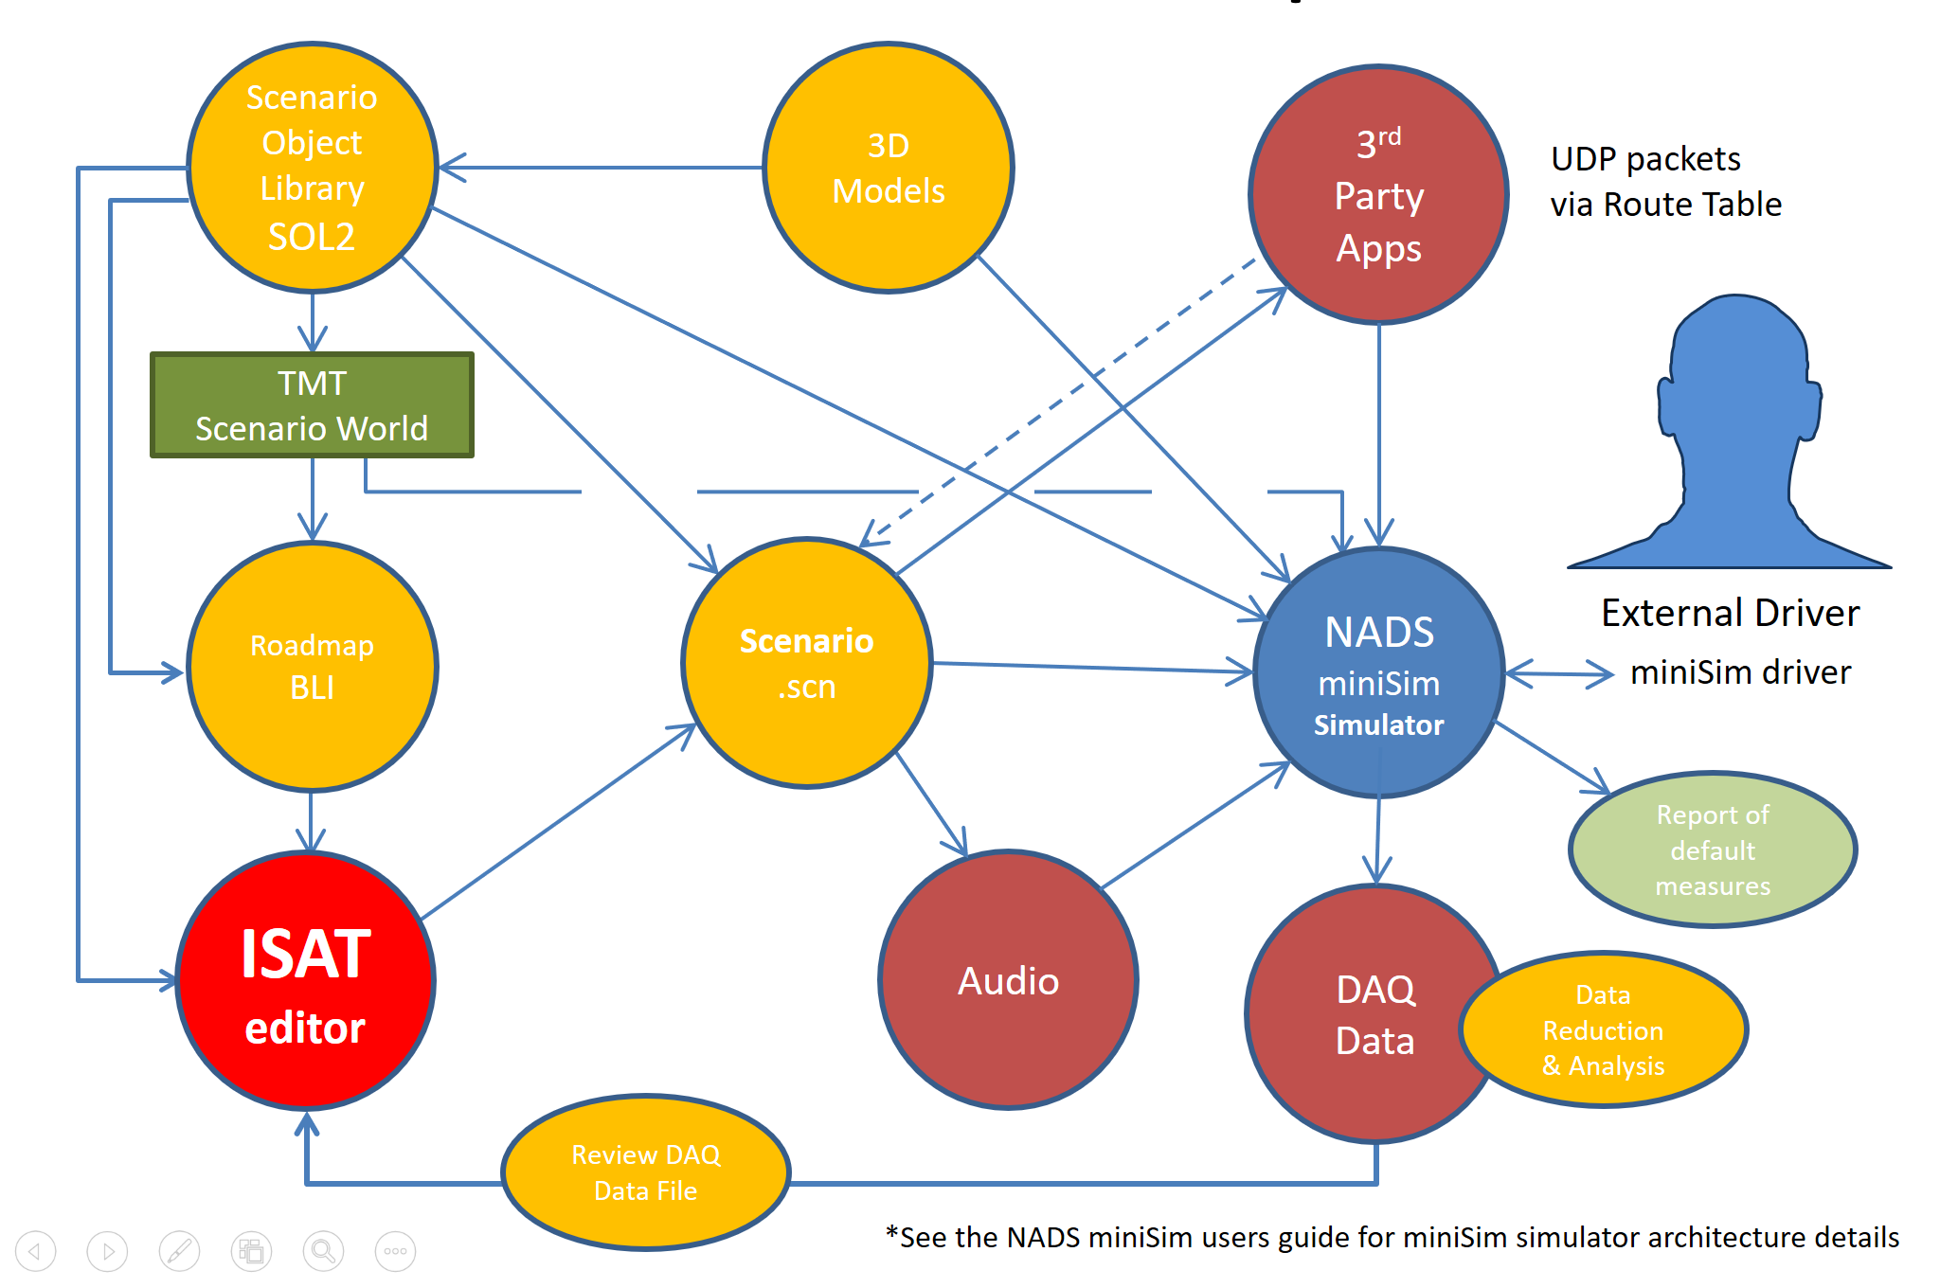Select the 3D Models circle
click(x=888, y=168)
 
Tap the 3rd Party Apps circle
click(x=1378, y=195)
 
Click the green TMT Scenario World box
click(x=312, y=405)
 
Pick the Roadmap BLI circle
click(x=312, y=666)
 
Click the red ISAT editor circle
click(x=305, y=981)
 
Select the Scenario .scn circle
click(x=806, y=663)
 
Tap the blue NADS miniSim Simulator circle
click(x=1378, y=673)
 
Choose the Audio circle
click(x=1008, y=980)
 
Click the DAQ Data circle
click(x=1364, y=1014)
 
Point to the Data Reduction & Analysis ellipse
click(x=1604, y=1029)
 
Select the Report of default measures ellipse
click(x=1712, y=850)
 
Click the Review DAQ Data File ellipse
click(x=646, y=1172)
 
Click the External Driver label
click(x=1730, y=613)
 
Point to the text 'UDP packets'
click(x=1645, y=158)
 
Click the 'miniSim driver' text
click(x=1740, y=672)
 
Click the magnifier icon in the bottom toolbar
click(x=323, y=1251)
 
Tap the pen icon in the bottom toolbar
click(x=179, y=1251)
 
